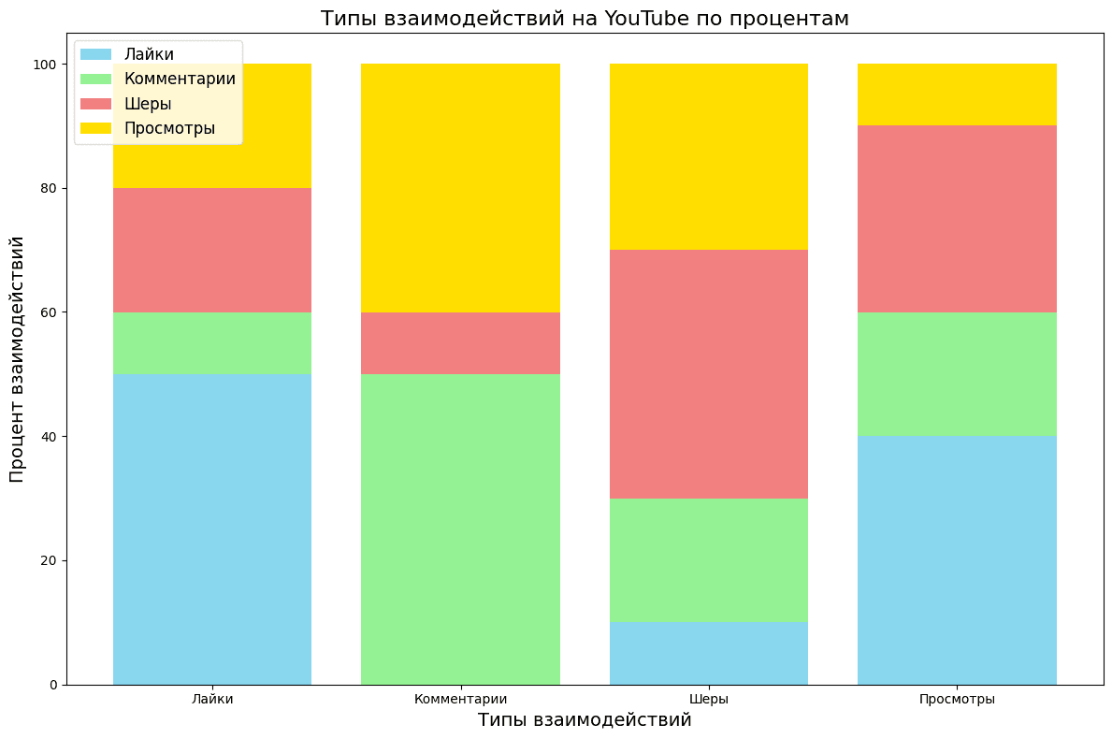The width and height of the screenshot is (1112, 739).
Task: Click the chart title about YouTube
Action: pos(585,19)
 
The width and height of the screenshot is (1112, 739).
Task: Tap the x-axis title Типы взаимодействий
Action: pos(585,720)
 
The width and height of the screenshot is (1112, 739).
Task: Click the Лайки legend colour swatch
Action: pos(96,55)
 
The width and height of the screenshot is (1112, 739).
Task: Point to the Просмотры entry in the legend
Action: pos(169,128)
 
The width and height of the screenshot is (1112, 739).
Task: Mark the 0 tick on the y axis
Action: pos(54,685)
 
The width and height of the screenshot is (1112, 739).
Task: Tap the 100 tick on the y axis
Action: pos(44,65)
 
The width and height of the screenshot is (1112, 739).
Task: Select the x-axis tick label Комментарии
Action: pos(460,699)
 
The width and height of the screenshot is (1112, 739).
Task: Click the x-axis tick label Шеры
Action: pos(709,699)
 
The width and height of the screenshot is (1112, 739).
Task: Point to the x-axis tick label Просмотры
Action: pos(957,699)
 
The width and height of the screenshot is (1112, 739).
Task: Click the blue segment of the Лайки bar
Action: pos(212,529)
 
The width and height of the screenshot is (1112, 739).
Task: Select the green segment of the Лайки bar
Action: pos(212,343)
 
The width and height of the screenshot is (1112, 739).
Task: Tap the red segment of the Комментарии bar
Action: pos(460,343)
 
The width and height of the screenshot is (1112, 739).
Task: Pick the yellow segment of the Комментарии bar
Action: pos(460,188)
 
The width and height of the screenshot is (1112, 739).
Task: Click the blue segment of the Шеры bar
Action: pos(709,654)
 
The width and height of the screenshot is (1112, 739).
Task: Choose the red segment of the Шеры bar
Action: pos(709,374)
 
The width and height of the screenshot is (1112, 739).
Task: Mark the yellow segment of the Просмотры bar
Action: pos(957,94)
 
